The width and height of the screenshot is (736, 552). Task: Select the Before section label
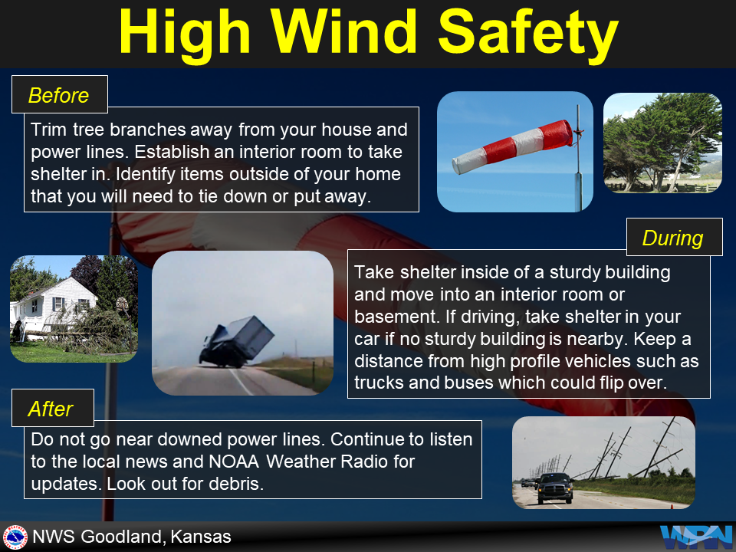point(59,96)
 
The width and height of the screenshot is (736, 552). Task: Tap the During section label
point(672,238)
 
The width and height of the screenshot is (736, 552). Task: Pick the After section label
point(51,409)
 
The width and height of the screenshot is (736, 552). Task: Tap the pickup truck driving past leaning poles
point(554,488)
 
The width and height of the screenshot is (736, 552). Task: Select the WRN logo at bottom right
point(695,537)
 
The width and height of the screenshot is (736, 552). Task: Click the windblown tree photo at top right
point(662,143)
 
